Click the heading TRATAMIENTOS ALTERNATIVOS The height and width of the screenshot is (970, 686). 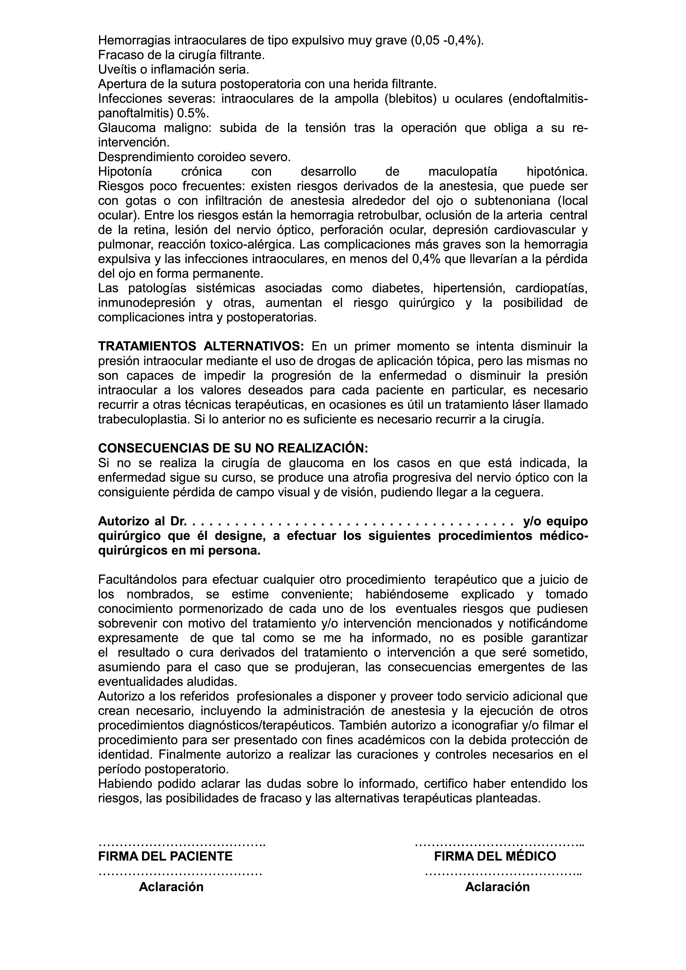201,346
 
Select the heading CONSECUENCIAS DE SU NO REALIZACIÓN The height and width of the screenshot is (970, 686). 233,448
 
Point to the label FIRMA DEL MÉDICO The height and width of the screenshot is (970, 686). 495,856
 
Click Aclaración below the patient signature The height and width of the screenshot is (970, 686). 171,887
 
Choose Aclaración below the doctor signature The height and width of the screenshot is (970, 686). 497,887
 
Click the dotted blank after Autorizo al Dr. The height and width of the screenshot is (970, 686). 353,522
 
